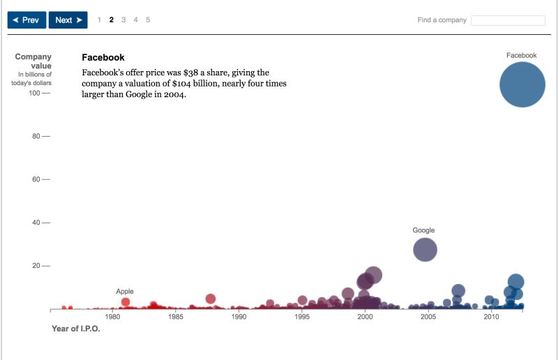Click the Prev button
pyautogui.click(x=27, y=20)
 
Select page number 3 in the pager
pyautogui.click(x=123, y=20)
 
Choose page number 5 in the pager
pyautogui.click(x=148, y=20)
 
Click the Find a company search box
pyautogui.click(x=507, y=20)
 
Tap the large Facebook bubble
pyautogui.click(x=522, y=84)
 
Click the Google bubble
pyautogui.click(x=425, y=249)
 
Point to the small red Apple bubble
pyautogui.click(x=126, y=302)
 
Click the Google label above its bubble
pyautogui.click(x=423, y=230)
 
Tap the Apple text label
pyautogui.click(x=125, y=291)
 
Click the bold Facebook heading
pyautogui.click(x=103, y=57)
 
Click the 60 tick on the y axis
pyautogui.click(x=37, y=180)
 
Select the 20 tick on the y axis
pyautogui.click(x=37, y=266)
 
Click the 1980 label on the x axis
pyautogui.click(x=112, y=317)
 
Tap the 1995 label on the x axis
pyautogui.click(x=302, y=317)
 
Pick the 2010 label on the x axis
pyautogui.click(x=492, y=317)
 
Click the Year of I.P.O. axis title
pyautogui.click(x=76, y=328)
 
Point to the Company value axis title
pyautogui.click(x=33, y=61)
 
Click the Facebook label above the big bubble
pyautogui.click(x=522, y=55)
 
